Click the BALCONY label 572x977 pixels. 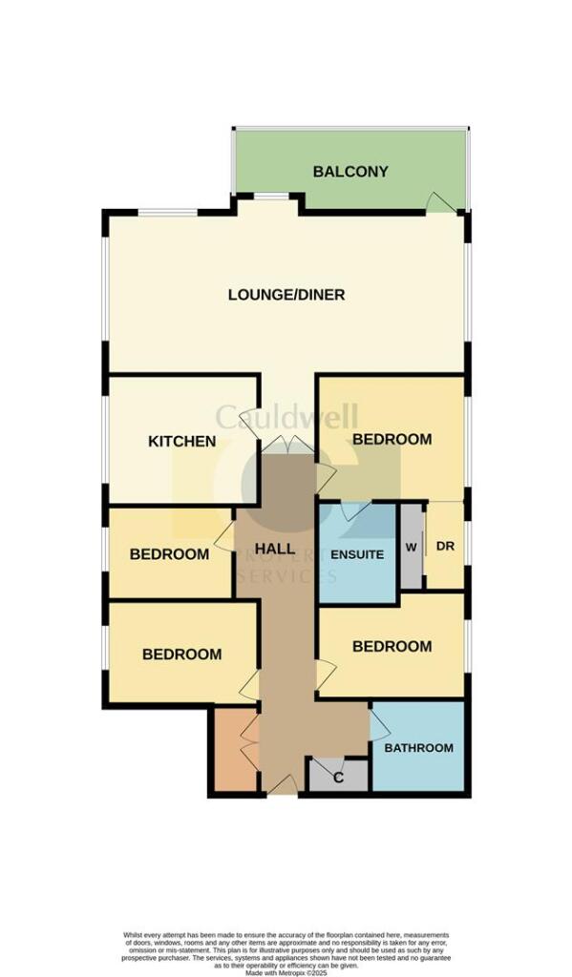[x=350, y=172]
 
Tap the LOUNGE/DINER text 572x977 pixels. [x=286, y=295]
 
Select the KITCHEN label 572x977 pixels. [x=181, y=442]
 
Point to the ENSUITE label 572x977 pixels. [x=357, y=554]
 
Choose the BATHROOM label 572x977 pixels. [x=418, y=747]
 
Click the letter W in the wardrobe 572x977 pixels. [x=411, y=548]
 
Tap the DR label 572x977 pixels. [x=445, y=547]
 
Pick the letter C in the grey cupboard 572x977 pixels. [x=337, y=778]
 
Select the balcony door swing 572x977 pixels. [x=438, y=202]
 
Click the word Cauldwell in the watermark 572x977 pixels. [x=286, y=417]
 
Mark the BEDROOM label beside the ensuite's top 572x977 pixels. [x=392, y=440]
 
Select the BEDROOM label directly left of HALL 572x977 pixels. [x=169, y=554]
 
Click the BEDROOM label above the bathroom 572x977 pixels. [x=392, y=646]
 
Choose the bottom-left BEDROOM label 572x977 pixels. [x=181, y=655]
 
